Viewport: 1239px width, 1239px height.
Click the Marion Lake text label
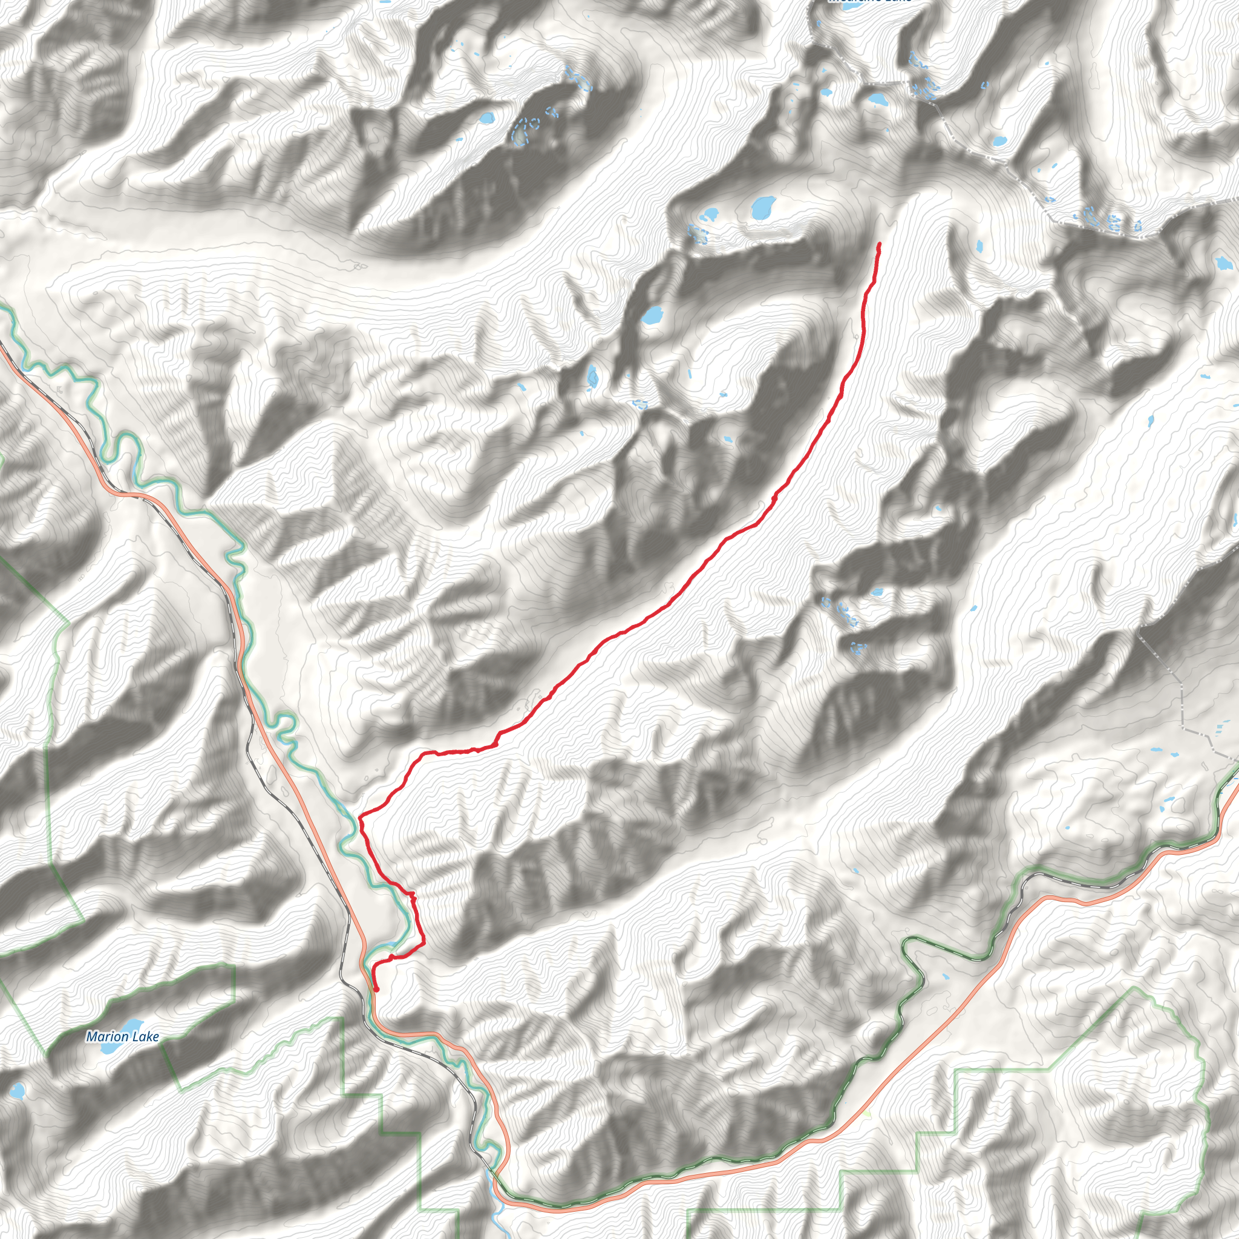pyautogui.click(x=122, y=1036)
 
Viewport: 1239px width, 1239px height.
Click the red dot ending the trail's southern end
pyautogui.click(x=376, y=990)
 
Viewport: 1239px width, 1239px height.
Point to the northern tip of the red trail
pyautogui.click(x=878, y=244)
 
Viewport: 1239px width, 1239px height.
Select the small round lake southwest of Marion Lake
pyautogui.click(x=17, y=1090)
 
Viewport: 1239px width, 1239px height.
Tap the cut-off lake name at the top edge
pyautogui.click(x=869, y=2)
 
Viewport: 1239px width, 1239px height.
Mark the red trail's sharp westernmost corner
pyautogui.click(x=360, y=816)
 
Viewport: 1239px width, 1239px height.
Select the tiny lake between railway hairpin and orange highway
pyautogui.click(x=946, y=978)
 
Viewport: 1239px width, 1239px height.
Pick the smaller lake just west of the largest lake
pyautogui.click(x=710, y=214)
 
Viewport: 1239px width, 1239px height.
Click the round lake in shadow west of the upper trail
pyautogui.click(x=652, y=315)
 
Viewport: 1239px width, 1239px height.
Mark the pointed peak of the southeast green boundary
pyautogui.click(x=1134, y=989)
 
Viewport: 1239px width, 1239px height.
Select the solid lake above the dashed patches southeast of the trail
pyautogui.click(x=877, y=592)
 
